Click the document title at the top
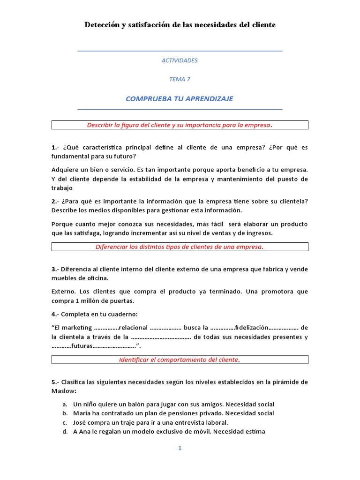180,24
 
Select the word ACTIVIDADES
180,60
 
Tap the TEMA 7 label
180,79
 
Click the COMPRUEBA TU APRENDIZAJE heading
180,98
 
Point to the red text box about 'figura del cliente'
180,125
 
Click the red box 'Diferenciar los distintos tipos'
180,247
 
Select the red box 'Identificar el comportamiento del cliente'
180,360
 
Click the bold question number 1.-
55,147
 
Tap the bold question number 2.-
55,201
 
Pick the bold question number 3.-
55,269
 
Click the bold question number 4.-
55,314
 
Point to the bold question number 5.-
55,382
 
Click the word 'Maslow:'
64,390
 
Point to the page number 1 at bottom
180,448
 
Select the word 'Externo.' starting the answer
63,292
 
